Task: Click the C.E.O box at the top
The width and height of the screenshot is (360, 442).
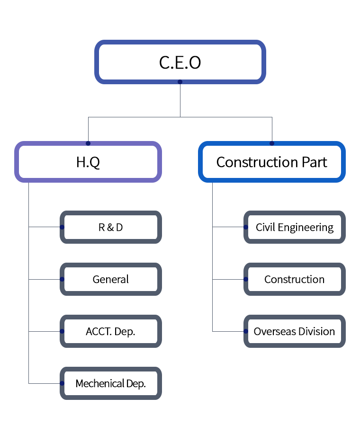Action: (180, 62)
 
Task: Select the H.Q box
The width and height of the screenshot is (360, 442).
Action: (88, 162)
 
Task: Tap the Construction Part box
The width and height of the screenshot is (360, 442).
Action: (272, 162)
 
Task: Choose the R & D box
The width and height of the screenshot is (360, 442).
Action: (110, 227)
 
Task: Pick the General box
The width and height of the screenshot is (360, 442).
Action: (110, 279)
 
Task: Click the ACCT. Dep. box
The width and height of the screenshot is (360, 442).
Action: (110, 331)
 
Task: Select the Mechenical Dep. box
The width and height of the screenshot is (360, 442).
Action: (110, 383)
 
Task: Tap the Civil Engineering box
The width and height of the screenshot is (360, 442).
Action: (295, 227)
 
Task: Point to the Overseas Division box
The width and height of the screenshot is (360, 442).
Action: (295, 331)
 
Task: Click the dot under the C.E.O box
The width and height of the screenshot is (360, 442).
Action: (180, 82)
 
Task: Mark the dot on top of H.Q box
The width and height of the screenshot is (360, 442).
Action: (88, 143)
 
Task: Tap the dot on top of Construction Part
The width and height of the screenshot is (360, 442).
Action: (272, 143)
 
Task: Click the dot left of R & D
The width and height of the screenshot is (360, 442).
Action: (62, 227)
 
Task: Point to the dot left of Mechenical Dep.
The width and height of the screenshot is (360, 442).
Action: (62, 383)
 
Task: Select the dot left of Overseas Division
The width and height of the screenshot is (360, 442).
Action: (246, 331)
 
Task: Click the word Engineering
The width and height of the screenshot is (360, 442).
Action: (306, 228)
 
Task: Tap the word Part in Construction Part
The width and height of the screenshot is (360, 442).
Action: (315, 162)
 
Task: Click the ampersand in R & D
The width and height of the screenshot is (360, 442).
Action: (110, 227)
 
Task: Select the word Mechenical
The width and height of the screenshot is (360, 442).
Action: (100, 383)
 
